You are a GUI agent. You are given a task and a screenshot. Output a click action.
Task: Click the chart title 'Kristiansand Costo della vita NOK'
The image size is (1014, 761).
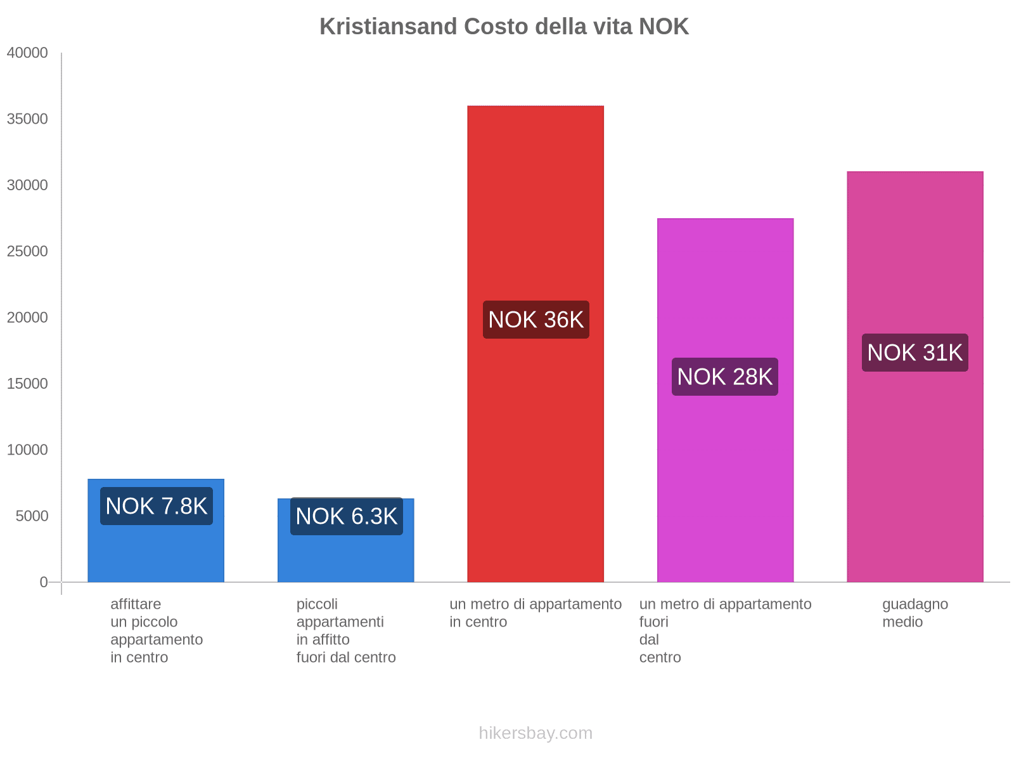pos(504,27)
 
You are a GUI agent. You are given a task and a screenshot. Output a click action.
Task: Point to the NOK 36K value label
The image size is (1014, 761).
pos(536,320)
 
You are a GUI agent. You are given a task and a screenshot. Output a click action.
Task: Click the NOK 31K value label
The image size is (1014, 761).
pos(915,353)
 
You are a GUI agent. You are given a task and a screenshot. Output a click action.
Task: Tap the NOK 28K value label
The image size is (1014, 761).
pos(724,377)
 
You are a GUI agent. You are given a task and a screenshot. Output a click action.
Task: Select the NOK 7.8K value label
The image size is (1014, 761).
pos(156,506)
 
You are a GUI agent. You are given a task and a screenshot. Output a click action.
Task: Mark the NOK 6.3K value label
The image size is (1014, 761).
pos(346,516)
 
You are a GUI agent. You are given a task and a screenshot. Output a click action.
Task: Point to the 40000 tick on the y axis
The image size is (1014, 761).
pos(27,53)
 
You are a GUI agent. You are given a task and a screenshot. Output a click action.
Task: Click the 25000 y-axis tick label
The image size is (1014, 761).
pos(27,252)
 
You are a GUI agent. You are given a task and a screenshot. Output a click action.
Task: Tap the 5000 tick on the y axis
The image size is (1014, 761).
pos(32,516)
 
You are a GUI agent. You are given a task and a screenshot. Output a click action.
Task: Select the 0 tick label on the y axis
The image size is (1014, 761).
pos(44,582)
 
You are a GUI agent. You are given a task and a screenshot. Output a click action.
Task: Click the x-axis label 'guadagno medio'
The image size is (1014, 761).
pos(915,613)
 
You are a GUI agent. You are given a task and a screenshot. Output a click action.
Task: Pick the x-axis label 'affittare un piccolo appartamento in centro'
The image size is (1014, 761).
pos(156,630)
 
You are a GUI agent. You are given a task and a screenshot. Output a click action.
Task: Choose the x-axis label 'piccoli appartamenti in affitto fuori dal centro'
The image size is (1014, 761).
pos(345,630)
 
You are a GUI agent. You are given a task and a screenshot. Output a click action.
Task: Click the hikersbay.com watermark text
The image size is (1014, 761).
pos(536,733)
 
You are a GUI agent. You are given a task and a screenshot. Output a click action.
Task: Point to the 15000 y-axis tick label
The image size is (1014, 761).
pos(27,384)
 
